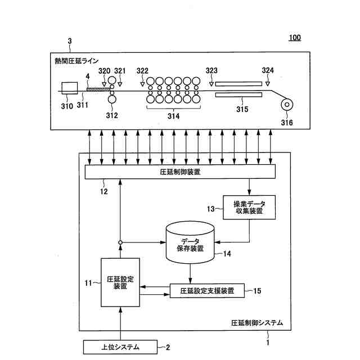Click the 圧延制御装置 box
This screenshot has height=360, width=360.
[180, 172]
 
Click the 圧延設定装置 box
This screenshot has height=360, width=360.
[120, 281]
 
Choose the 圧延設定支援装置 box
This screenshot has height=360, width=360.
[207, 291]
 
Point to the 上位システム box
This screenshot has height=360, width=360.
[120, 348]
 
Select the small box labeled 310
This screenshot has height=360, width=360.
[70, 88]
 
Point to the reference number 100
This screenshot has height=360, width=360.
[295, 38]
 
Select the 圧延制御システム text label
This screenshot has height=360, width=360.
[257, 323]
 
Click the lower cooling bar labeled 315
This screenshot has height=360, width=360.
[238, 95]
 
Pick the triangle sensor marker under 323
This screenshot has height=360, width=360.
[211, 84]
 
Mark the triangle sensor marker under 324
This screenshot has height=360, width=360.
[268, 84]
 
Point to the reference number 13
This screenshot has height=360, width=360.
[212, 209]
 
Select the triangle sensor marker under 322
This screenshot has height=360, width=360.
[142, 84]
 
